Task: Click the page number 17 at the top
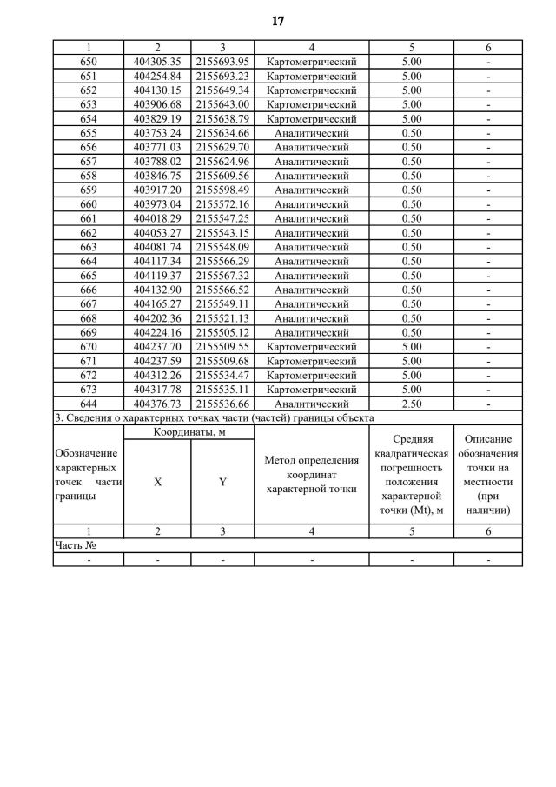pos(278,21)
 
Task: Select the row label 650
pos(89,62)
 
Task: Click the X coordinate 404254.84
pos(157,76)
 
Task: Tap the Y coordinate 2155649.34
pos(222,90)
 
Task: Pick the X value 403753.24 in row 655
pos(157,133)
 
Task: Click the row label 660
pos(89,204)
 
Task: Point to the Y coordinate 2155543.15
pos(222,233)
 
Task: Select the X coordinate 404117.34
pos(157,261)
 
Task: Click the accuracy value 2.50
pos(411,404)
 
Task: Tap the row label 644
pos(89,404)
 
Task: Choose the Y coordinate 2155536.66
pos(222,404)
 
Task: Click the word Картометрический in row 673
pos(311,390)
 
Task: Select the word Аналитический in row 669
pos(311,332)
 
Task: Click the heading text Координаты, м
pos(189,432)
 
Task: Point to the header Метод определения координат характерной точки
pos(311,475)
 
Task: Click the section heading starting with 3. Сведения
pos(214,417)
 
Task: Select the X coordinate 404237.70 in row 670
pos(157,347)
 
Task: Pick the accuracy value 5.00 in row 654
pos(411,118)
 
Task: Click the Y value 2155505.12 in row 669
pos(222,332)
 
